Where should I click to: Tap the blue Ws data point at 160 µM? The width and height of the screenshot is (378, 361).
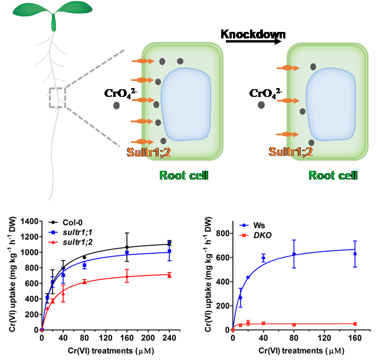pos(355,253)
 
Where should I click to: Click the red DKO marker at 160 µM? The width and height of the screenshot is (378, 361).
pos(355,324)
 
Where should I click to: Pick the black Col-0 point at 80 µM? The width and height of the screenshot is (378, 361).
pos(84,257)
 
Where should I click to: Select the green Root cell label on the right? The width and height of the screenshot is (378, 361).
pos(333,175)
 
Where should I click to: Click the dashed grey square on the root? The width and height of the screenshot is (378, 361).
pos(57,97)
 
